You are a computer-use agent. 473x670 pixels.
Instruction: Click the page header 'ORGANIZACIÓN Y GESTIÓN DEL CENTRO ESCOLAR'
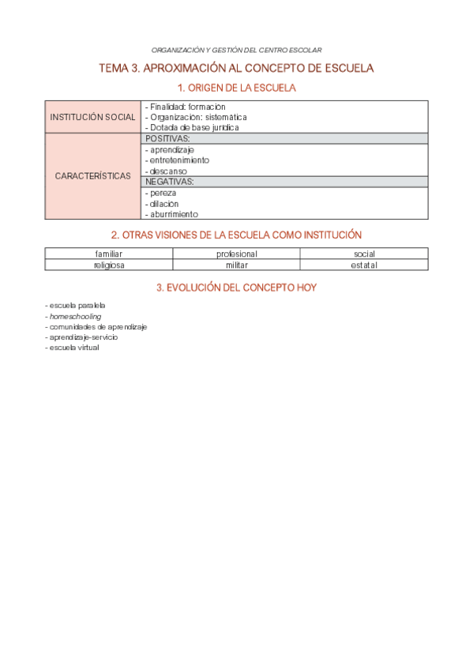(236, 50)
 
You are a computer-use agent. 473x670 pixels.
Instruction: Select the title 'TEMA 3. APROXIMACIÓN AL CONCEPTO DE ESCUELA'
(236, 69)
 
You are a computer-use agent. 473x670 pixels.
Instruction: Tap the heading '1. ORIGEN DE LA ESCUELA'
(236, 88)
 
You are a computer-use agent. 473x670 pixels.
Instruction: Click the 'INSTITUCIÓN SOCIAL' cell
(93, 117)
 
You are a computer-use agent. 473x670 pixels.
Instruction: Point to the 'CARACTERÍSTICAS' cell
(93, 175)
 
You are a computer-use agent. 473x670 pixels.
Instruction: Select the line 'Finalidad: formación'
(187, 107)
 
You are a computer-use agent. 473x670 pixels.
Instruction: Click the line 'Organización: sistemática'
(197, 117)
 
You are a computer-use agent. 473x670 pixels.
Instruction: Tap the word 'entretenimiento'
(179, 160)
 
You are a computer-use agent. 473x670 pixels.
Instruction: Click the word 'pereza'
(163, 192)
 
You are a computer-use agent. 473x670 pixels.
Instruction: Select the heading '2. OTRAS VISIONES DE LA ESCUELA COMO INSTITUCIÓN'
(236, 235)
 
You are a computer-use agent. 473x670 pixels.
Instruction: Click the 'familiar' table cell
(109, 254)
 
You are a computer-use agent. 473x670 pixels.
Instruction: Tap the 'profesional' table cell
(236, 254)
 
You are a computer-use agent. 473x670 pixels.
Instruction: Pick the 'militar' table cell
(236, 265)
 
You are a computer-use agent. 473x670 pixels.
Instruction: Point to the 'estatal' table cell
(364, 265)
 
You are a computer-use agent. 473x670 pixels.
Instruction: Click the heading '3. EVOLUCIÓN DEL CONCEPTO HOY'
(236, 288)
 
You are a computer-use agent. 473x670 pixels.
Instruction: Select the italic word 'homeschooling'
(75, 316)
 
